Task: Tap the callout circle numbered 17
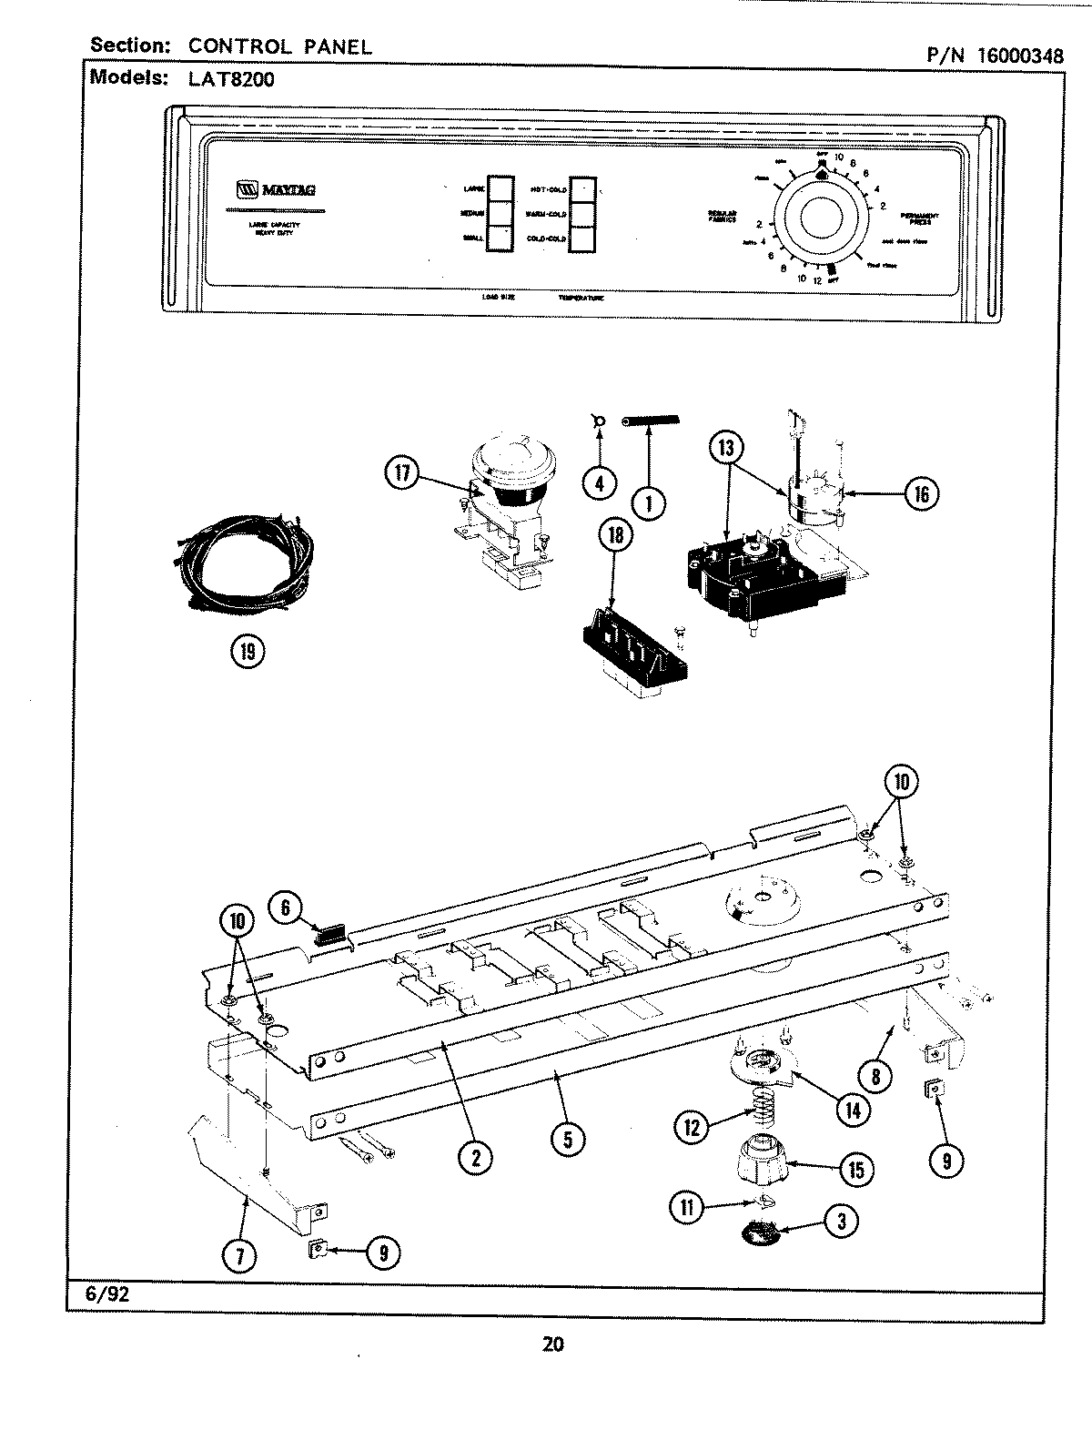pos(403,473)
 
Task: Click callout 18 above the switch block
pos(616,535)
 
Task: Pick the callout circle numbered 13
pos(726,448)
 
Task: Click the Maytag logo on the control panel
pos(278,191)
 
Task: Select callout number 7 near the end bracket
pos(241,1256)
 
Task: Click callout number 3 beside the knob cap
pos(840,1222)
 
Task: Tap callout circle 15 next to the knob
pos(855,1169)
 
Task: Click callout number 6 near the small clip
pos(285,907)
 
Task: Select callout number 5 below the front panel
pos(567,1141)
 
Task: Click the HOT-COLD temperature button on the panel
pos(582,189)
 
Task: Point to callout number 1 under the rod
pos(649,502)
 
